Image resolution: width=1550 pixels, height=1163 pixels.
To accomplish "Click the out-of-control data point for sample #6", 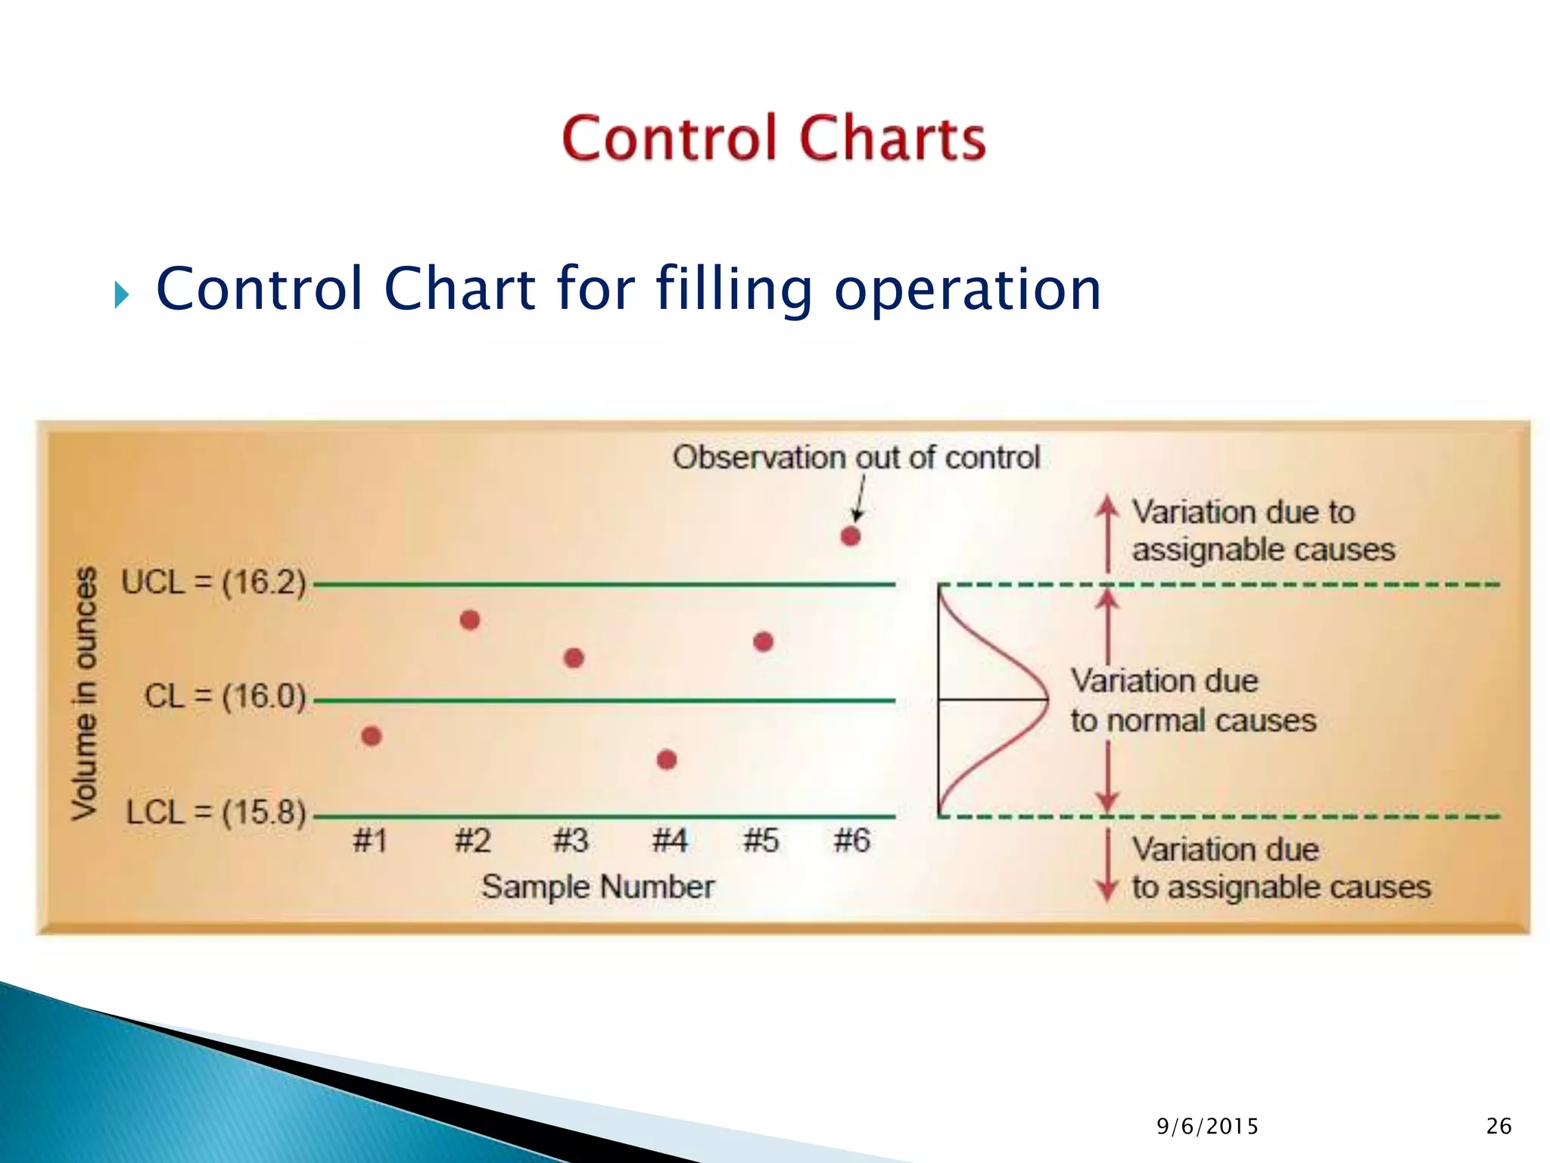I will pos(851,536).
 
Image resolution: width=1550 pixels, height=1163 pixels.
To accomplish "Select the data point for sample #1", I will pos(371,736).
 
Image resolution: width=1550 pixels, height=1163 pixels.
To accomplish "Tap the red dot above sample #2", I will pos(470,620).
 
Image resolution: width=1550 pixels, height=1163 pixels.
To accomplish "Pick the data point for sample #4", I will pos(667,759).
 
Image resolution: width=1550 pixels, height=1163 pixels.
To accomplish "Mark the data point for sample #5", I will pos(763,642).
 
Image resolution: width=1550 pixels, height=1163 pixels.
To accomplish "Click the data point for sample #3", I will pos(574,658).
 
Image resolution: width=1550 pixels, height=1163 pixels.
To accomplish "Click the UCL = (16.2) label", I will pos(213,583).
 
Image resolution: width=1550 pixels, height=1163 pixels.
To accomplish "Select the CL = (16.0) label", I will pos(225,697).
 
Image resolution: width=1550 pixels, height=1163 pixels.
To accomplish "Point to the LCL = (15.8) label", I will pos(216,812).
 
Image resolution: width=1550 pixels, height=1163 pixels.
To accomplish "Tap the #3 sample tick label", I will pos(571,841).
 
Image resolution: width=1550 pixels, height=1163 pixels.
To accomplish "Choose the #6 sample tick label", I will pos(851,841).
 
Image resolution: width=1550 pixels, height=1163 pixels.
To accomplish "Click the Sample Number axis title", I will pos(598,887).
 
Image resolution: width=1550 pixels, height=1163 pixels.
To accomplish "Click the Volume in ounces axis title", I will pos(86,693).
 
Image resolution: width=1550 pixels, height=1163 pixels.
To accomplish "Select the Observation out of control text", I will pos(856,457).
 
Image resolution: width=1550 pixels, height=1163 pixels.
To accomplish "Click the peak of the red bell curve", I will pos(1047,700).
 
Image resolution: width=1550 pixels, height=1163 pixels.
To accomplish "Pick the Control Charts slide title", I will pos(773,138).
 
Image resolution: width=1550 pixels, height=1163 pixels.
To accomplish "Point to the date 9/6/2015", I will pos(1207,1127).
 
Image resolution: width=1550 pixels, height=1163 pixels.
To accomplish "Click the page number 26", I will pos(1499,1127).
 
